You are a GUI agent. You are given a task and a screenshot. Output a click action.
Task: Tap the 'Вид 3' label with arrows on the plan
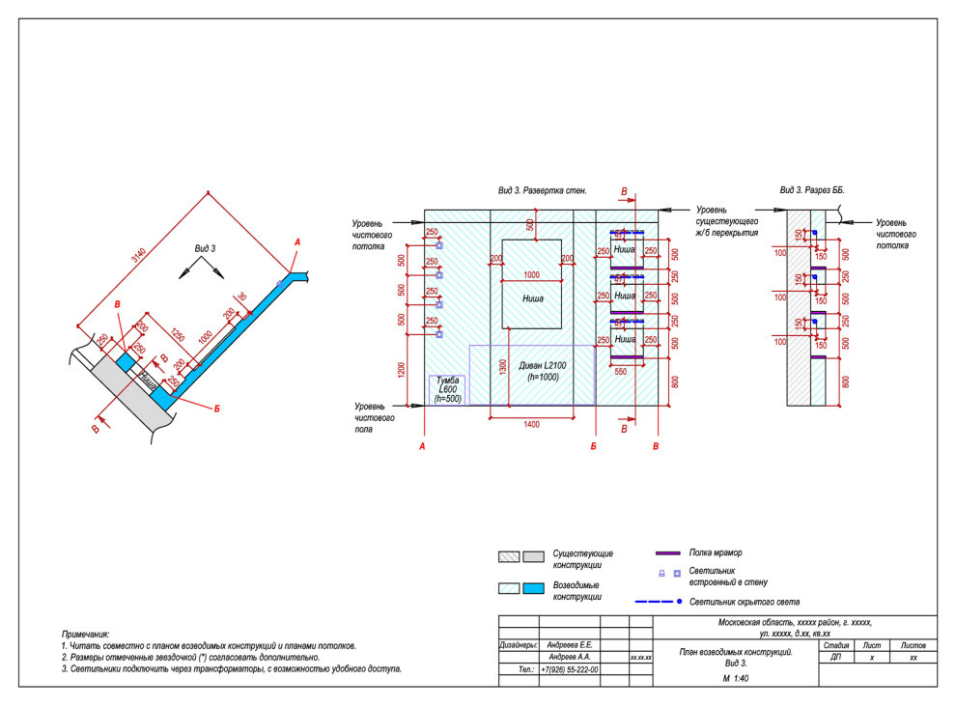click(204, 249)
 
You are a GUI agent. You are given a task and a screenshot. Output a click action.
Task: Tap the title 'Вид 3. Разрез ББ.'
click(812, 191)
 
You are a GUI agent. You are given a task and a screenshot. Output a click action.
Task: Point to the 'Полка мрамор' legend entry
click(716, 552)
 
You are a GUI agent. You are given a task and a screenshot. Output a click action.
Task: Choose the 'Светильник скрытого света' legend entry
click(745, 601)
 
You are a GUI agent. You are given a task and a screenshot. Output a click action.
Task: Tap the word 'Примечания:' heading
click(85, 632)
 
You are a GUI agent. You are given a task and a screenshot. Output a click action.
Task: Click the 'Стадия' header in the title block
click(836, 644)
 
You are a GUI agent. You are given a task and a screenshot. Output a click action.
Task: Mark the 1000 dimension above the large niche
click(531, 275)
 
